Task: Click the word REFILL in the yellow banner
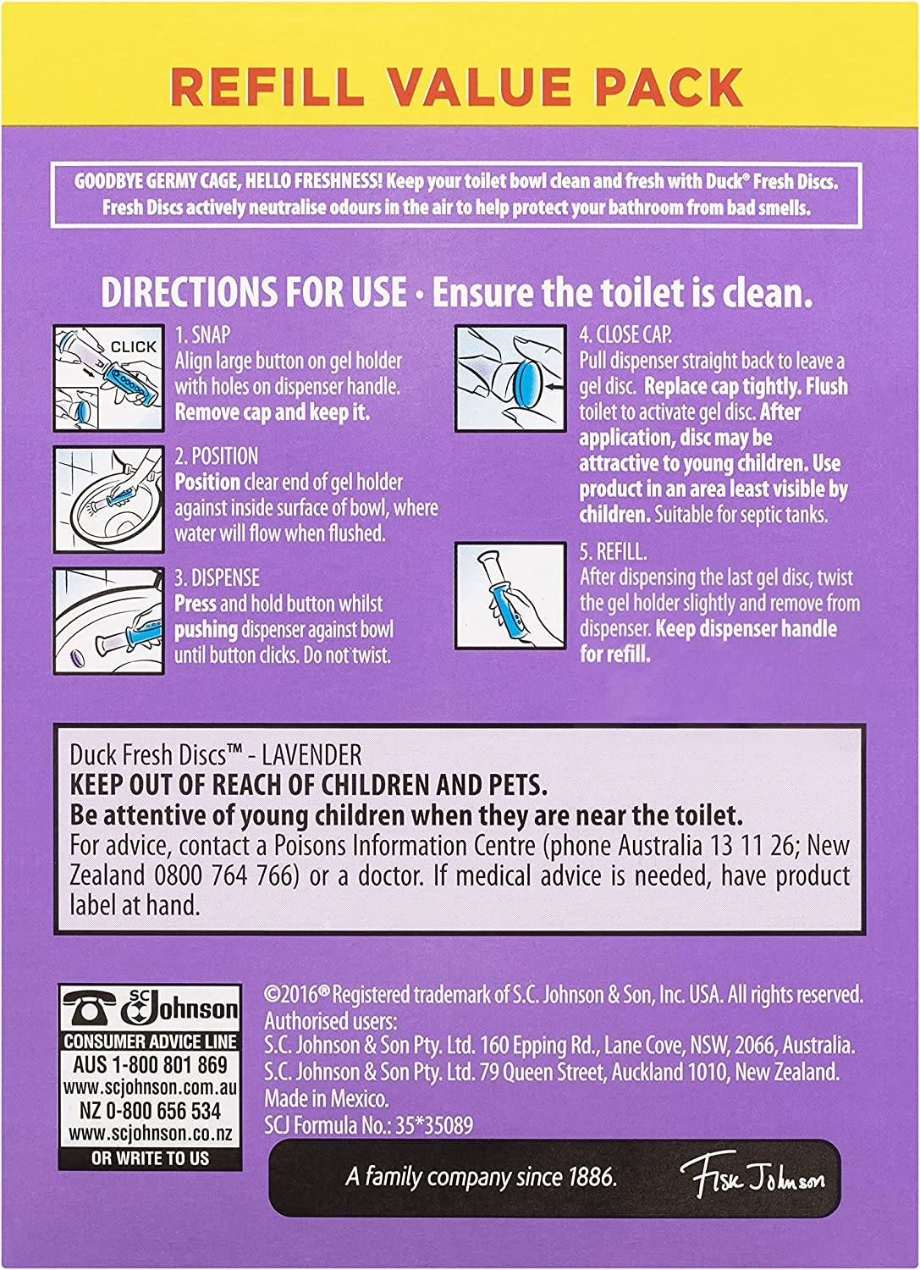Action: [x=267, y=86]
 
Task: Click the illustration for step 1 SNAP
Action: [x=109, y=378]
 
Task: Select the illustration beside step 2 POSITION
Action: [x=109, y=499]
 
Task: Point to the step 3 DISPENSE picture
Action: [x=109, y=621]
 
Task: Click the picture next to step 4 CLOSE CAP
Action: [x=510, y=378]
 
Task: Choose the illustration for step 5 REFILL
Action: [x=510, y=595]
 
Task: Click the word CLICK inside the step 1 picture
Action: [x=133, y=346]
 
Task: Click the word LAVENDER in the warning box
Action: [x=311, y=755]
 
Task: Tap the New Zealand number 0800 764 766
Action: [x=226, y=875]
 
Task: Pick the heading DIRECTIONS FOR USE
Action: [x=254, y=293]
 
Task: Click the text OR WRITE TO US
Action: [x=150, y=1157]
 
